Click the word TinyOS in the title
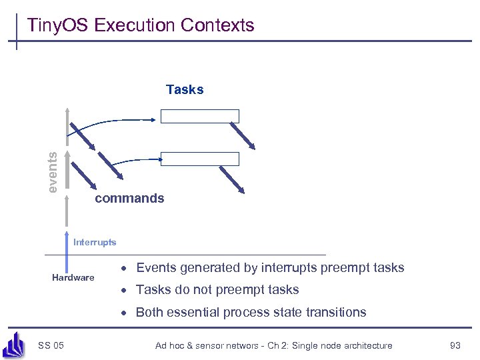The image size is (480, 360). coord(59,25)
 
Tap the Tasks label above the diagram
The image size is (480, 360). coord(185,89)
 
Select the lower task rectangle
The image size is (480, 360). coord(200,159)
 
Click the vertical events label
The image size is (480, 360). coord(53,171)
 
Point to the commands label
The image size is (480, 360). coord(129,199)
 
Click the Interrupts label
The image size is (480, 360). coord(95,242)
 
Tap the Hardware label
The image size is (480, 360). coord(73,277)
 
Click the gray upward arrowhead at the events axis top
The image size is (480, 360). coord(67,111)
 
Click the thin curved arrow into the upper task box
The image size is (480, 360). coord(120,122)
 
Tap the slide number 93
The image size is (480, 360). coord(455,345)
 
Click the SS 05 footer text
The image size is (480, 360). coord(51,345)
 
